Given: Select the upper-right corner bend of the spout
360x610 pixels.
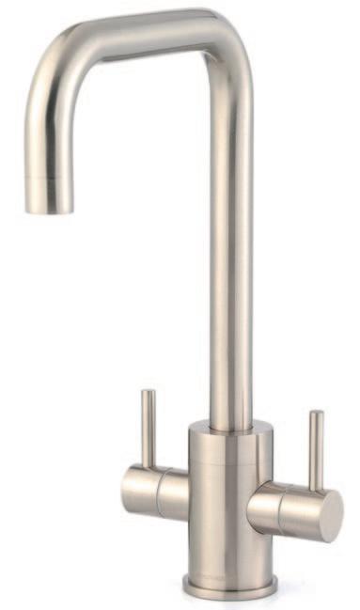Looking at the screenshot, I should click(223, 39).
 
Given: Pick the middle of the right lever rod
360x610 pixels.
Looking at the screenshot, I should click(317, 451).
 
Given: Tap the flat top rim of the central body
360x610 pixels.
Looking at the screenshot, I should click(231, 430).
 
